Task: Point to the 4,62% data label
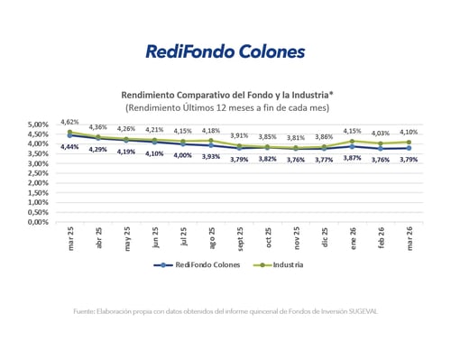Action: pos(69,121)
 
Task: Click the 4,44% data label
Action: pos(69,147)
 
